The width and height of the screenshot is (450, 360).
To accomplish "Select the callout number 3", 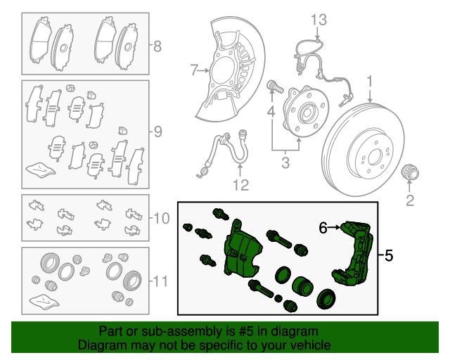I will pos(285,164).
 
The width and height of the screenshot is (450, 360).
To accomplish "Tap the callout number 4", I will pos(271,112).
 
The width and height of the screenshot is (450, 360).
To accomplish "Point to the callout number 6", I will pos(323,228).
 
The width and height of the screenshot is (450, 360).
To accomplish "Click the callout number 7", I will pos(195,70).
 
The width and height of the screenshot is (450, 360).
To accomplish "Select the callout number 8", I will pos(157,47).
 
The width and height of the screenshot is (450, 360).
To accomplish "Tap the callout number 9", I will pos(157,131).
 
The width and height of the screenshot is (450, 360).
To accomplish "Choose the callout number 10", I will pos(161,218).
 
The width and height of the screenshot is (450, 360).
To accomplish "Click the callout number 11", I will pos(160,281).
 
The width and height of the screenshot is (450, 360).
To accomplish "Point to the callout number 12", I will pos(240,186).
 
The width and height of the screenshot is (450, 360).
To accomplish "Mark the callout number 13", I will pos(319,19).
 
